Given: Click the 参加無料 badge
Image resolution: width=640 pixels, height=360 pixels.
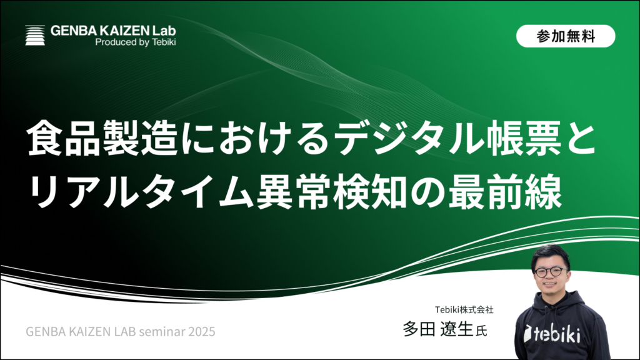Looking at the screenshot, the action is click(x=565, y=36).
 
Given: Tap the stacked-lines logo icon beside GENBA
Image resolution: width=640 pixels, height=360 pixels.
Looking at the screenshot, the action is click(x=35, y=35).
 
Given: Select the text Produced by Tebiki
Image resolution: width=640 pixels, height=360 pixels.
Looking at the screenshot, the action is click(x=136, y=42).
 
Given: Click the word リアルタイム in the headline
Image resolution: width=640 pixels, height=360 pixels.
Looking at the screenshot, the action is click(x=140, y=191).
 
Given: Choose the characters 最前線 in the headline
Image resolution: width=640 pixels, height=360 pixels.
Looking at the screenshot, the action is click(x=505, y=191).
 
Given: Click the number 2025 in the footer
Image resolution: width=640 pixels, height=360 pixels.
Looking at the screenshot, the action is click(x=202, y=331).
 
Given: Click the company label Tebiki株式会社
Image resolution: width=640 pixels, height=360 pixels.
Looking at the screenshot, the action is click(x=464, y=310).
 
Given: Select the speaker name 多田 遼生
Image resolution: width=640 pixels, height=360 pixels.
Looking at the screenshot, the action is click(x=438, y=329).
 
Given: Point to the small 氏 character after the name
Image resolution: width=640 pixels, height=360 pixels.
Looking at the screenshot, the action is click(x=482, y=331).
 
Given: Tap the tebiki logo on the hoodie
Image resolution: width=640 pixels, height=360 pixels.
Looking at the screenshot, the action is click(x=552, y=334).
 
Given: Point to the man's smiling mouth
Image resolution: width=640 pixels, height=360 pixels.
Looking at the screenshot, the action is click(x=550, y=284).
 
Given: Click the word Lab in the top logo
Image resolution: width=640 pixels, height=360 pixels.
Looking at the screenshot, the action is click(x=164, y=31).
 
